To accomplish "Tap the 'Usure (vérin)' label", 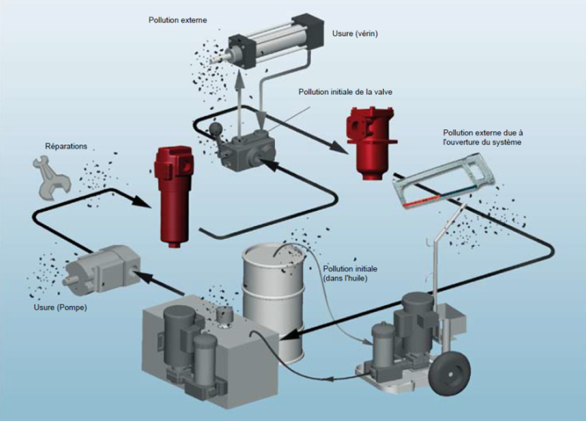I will pos(355,34).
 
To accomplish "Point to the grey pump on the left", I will pos(100,271).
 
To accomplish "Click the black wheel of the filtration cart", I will pos(448,375).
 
